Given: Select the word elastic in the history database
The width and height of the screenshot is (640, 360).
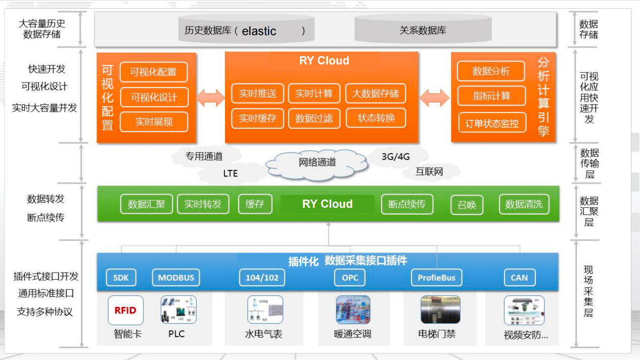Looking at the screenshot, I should [x=259, y=31].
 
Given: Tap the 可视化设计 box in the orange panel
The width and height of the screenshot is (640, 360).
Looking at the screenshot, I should [x=153, y=97].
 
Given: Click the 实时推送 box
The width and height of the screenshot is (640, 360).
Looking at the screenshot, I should [x=257, y=94].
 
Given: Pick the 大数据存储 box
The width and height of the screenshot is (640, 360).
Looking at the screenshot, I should [x=375, y=94].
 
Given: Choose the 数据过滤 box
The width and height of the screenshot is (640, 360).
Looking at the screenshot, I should [x=314, y=118].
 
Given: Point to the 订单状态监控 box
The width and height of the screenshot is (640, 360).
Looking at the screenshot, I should [x=492, y=123].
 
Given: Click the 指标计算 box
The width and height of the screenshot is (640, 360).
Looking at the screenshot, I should [x=491, y=96].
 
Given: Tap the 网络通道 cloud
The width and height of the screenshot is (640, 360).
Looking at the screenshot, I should [x=317, y=163].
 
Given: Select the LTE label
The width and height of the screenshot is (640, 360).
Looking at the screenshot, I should [x=231, y=173].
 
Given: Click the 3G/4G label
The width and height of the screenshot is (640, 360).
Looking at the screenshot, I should [x=396, y=156].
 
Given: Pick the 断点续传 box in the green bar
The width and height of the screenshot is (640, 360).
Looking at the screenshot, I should [x=407, y=204].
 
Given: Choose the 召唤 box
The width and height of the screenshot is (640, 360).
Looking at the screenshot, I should [x=467, y=205].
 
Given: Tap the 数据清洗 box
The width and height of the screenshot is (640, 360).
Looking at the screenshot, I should [x=524, y=204].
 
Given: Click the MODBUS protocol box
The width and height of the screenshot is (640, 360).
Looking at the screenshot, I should [x=176, y=278].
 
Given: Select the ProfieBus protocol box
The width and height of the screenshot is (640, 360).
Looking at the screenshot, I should [x=436, y=278].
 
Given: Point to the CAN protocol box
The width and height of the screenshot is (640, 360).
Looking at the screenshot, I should [x=519, y=278].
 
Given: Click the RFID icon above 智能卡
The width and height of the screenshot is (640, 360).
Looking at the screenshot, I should [x=125, y=310].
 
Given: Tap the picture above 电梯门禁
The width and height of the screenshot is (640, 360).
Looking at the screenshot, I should [x=440, y=309].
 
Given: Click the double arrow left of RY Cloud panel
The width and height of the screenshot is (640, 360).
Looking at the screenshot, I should [x=210, y=97].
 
